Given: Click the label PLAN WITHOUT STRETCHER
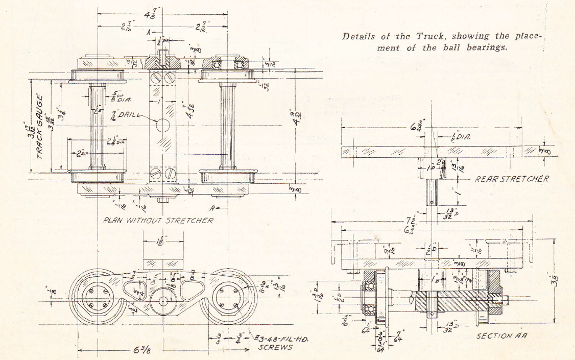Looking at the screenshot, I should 158,221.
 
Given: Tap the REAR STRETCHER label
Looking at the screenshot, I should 512,179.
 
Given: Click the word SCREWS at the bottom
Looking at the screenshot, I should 275,347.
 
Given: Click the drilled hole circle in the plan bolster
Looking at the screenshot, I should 163,125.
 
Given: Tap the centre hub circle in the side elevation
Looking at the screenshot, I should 163,300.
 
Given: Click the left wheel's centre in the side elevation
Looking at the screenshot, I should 98,299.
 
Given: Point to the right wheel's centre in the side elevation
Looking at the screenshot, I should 229,299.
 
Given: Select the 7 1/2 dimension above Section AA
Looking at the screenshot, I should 413,221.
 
